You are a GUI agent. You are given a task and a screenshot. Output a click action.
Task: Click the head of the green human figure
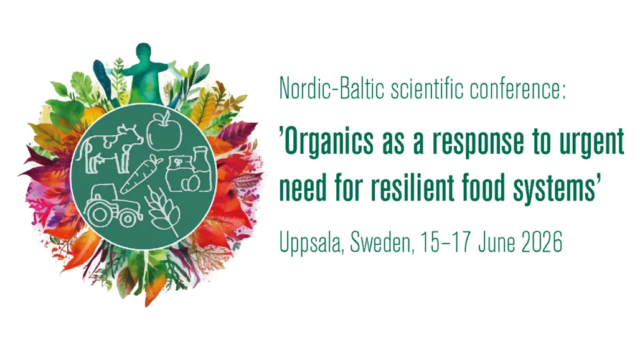[143, 51]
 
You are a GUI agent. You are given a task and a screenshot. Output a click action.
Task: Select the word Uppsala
[310, 242]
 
